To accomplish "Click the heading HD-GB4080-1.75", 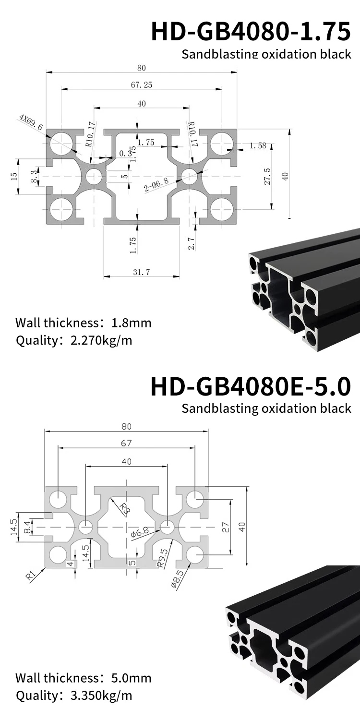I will point(251,32).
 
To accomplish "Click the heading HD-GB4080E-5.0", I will point(251,387).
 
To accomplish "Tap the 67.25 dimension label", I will point(141,85).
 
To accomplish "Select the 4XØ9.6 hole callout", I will point(31,123).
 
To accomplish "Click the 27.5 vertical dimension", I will point(267,177).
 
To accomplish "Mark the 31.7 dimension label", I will point(141,272).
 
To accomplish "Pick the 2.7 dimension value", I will point(191,243).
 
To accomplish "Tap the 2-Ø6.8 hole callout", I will point(156,184).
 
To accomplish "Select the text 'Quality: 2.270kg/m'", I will point(74,341).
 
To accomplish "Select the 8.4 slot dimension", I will point(27,528).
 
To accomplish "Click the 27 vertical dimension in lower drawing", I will point(226,527).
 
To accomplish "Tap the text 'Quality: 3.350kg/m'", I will point(74,695).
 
